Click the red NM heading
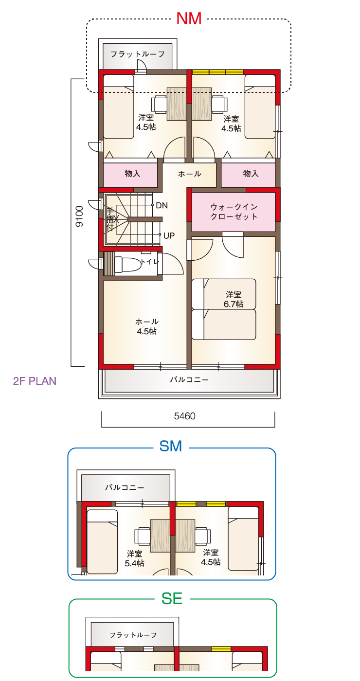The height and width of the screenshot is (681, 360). click(x=189, y=18)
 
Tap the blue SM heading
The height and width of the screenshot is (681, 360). click(x=171, y=447)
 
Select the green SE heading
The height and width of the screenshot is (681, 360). click(x=172, y=599)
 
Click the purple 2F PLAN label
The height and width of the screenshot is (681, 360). click(x=35, y=381)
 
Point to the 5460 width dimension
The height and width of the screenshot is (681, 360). click(x=184, y=416)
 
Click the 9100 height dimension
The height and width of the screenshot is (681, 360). click(x=79, y=216)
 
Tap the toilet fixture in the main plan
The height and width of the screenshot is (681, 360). click(x=127, y=264)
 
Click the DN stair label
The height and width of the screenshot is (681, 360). click(x=162, y=205)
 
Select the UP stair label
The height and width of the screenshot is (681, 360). click(x=169, y=235)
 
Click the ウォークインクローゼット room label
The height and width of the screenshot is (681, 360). click(x=234, y=212)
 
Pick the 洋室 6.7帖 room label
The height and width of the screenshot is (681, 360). click(x=234, y=299)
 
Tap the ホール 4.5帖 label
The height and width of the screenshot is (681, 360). click(x=147, y=326)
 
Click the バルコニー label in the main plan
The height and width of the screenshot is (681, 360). click(x=189, y=380)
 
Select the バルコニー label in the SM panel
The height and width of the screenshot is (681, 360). click(x=125, y=487)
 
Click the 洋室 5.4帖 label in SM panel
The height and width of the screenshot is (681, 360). click(x=134, y=558)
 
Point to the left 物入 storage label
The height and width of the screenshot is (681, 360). click(x=132, y=174)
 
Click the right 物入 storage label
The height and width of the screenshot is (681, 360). click(x=251, y=174)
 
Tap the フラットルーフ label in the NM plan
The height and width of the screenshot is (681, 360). click(x=137, y=54)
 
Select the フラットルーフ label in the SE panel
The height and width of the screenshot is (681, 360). click(x=133, y=635)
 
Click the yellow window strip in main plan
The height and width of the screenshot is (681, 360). click(x=218, y=72)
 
